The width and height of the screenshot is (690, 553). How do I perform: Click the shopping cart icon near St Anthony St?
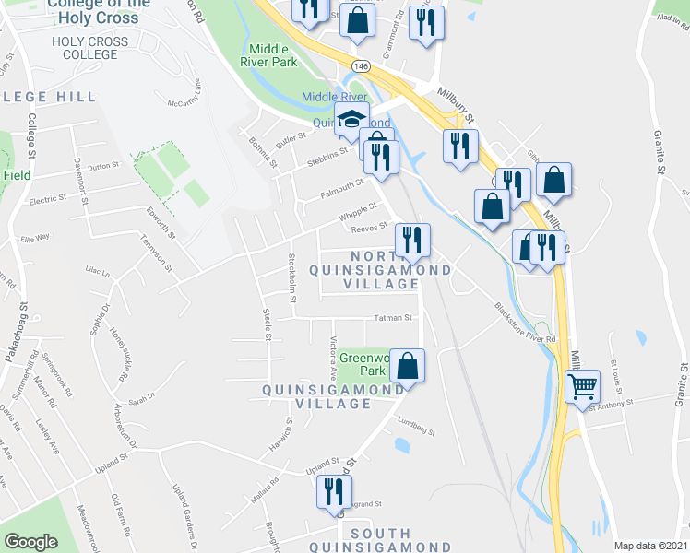point(583,387)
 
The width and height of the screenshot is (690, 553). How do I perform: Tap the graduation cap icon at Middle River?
point(351,118)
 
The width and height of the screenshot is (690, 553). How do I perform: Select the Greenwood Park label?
point(362,364)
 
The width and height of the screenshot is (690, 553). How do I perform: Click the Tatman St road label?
point(391,318)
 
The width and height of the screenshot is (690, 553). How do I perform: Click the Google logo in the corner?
point(30,542)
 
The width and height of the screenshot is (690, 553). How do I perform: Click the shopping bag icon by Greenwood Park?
point(407,366)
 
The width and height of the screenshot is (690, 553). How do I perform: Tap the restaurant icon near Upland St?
point(332,492)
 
